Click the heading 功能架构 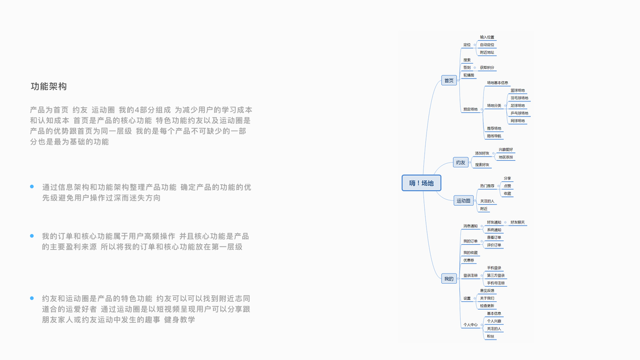[x=49, y=86]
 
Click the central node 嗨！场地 [x=421, y=183]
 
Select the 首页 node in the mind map [x=449, y=80]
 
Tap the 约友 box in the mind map [x=461, y=162]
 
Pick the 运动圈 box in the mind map [x=464, y=201]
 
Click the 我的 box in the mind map [x=449, y=278]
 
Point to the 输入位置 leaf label [x=487, y=37]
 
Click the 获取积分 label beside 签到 [x=487, y=68]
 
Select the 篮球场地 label [x=517, y=91]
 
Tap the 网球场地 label [x=517, y=121]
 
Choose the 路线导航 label [x=494, y=136]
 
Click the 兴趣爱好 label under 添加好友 [x=506, y=149]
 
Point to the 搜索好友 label [x=482, y=164]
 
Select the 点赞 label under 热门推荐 [x=507, y=186]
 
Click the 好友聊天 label [x=517, y=223]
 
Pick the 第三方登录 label [x=495, y=275]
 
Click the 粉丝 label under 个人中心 [x=491, y=336]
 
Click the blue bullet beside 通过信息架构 [x=32, y=187]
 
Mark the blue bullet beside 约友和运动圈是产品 [x=32, y=298]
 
